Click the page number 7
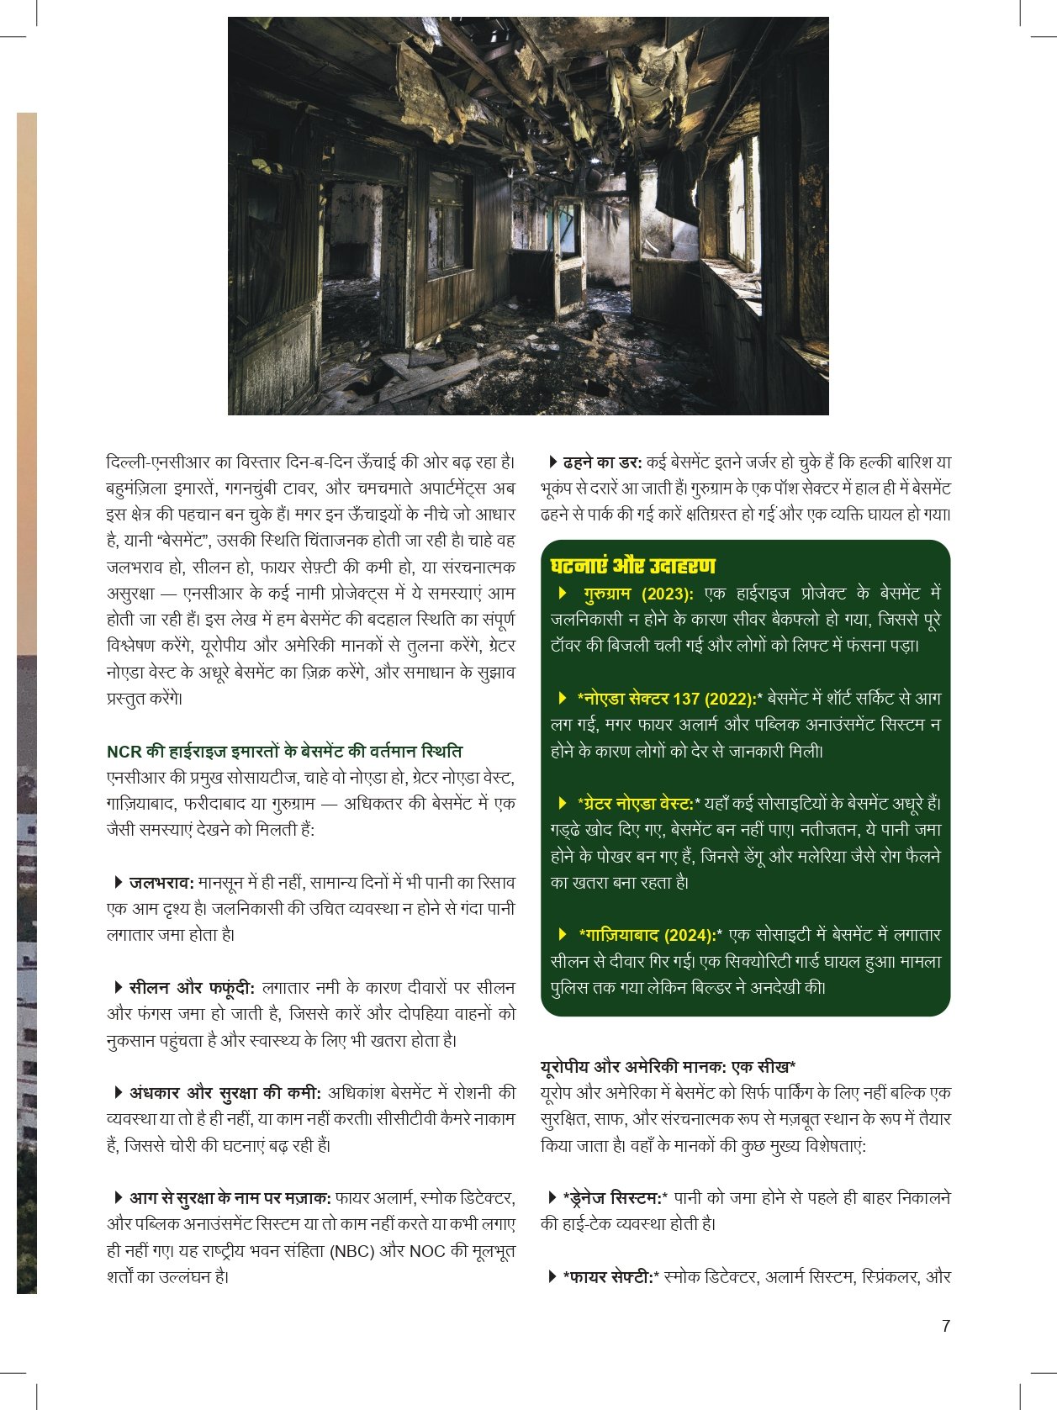coord(946,1326)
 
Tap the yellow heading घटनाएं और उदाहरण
coord(632,566)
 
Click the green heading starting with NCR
coord(284,751)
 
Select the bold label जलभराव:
coord(161,883)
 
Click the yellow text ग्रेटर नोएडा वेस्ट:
coord(638,804)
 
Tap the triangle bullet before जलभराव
coord(119,882)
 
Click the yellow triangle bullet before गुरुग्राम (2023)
coord(563,593)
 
